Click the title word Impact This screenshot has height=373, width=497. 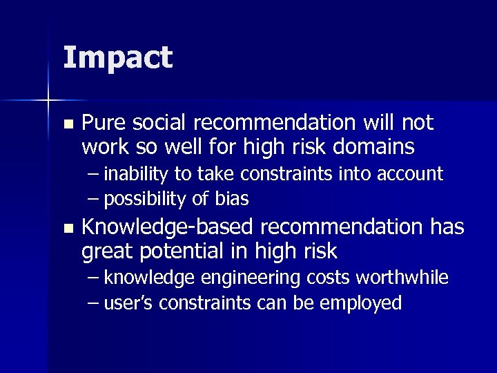click(117, 58)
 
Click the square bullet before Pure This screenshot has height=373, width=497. click(67, 124)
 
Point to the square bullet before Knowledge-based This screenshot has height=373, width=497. click(67, 228)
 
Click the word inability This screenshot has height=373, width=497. click(134, 174)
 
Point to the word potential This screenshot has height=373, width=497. click(184, 250)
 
